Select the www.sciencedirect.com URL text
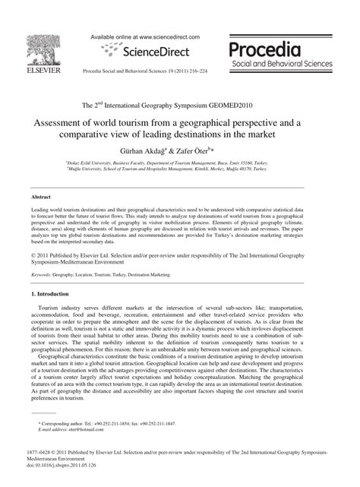coord(163,36)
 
